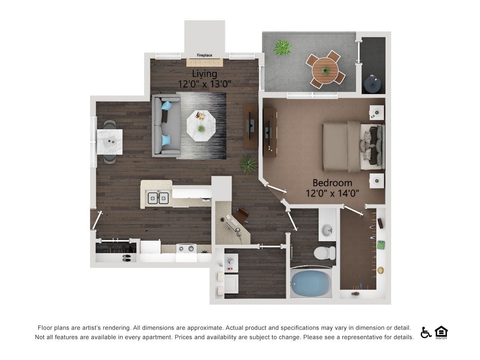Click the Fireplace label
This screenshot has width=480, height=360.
tap(204, 55)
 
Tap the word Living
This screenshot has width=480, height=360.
tap(204, 73)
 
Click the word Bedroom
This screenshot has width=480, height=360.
tap(332, 183)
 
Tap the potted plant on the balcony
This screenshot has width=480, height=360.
tap(282, 48)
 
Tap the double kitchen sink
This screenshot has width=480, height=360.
tap(158, 198)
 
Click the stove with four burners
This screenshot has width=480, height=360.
tap(186, 249)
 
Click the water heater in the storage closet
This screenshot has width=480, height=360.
tap(373, 84)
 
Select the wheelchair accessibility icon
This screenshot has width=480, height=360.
tap(426, 332)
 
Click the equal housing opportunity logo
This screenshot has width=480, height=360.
tap(441, 332)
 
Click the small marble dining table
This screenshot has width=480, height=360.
tap(109, 141)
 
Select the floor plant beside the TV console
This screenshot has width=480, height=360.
tap(248, 164)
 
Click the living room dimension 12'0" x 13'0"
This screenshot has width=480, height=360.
tap(204, 84)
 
